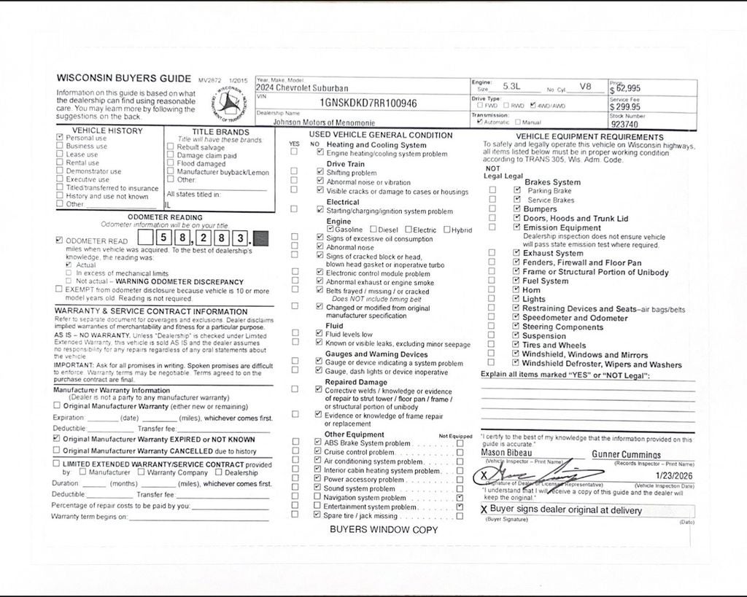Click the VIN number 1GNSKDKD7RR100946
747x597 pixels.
coord(368,104)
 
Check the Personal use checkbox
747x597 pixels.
coord(60,138)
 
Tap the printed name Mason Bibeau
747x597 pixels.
coord(506,453)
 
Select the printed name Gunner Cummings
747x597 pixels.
coord(626,454)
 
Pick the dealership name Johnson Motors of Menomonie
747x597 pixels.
coord(324,123)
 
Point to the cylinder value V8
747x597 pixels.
coord(586,86)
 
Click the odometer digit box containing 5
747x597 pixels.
coord(163,238)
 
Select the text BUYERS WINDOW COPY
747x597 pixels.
coord(384,529)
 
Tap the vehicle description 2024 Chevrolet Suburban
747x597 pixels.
coord(302,88)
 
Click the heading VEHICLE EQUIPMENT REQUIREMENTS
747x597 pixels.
coord(589,136)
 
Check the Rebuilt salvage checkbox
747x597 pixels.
coord(170,147)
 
